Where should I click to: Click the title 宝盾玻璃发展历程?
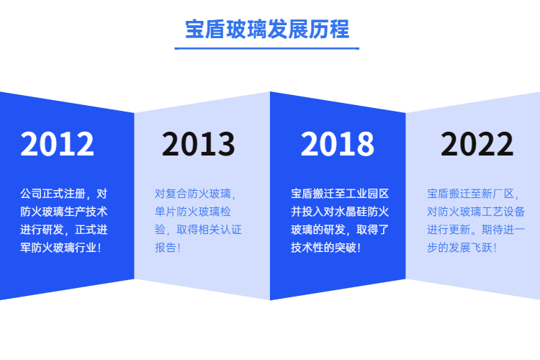tap(267, 29)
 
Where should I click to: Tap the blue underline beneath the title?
tap(267, 48)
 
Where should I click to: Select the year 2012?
tap(57, 144)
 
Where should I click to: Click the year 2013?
tap(199, 144)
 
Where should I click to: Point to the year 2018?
tap(338, 144)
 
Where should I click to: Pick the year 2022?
tap(477, 144)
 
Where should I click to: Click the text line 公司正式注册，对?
tap(63, 194)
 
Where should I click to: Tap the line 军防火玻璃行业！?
tap(60, 248)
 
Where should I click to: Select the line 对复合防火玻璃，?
tap(195, 194)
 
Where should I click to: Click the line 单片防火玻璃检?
tap(193, 212)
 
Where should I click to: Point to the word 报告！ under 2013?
tap(168, 248)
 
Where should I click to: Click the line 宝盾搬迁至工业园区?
tap(340, 194)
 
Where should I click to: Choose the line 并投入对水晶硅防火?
tap(340, 212)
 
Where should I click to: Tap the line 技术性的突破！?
tap(325, 248)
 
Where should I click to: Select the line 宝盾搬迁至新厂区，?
tap(473, 194)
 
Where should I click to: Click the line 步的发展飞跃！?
tap(462, 248)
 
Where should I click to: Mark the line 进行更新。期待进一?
tap(476, 230)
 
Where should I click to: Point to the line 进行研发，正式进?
tap(63, 230)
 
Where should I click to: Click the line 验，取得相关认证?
tap(199, 230)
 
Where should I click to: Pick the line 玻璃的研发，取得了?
tap(340, 230)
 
